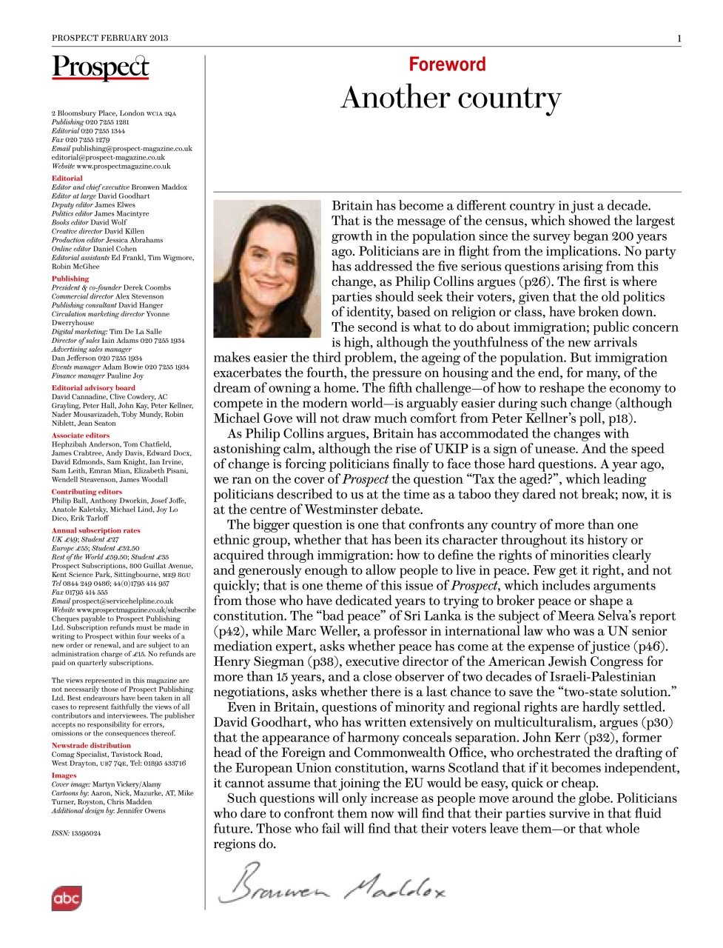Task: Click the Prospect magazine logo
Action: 100,67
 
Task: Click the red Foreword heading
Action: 447,64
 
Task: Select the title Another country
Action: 451,99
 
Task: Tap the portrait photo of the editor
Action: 267,268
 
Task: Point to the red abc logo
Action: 66,898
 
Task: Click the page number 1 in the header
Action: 679,38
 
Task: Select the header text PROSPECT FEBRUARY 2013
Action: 110,38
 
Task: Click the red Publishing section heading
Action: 70,278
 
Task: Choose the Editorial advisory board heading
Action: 93,387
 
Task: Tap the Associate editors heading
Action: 80,435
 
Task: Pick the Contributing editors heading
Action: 87,491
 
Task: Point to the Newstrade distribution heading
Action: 91,745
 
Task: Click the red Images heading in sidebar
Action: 64,775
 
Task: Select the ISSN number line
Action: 76,833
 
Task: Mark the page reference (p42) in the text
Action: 229,631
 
